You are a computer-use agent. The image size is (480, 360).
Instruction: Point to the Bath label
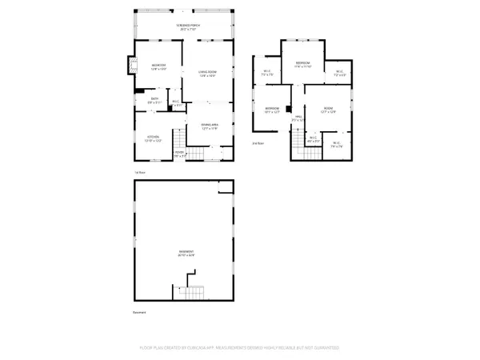pos(154,100)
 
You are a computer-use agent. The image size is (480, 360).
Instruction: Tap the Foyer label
pos(179,154)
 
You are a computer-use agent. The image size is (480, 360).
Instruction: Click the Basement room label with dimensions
pos(186,254)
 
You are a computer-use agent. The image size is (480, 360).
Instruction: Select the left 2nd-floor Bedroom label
pos(273,110)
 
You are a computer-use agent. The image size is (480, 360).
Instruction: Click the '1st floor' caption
pos(138,172)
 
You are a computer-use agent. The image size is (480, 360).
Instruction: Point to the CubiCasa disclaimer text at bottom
pos(240,348)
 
